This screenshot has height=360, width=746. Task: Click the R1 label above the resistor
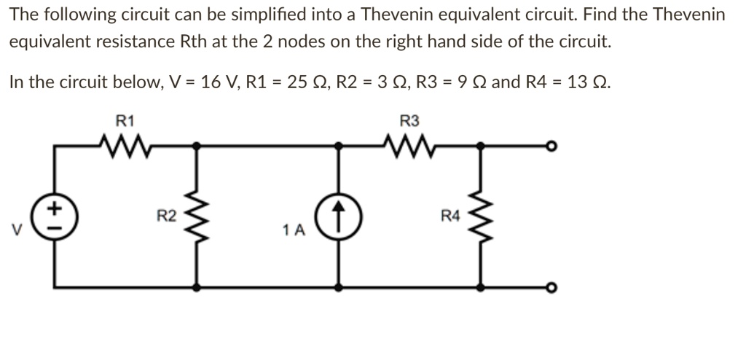coord(124,120)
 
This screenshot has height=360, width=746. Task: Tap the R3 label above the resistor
coord(409,120)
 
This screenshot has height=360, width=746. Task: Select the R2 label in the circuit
coord(167,216)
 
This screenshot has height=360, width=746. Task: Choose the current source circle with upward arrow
coord(338,216)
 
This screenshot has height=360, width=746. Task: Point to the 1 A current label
coord(294,231)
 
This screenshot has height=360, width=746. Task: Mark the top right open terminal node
coord(553,146)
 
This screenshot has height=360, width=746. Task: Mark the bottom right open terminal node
coord(553,287)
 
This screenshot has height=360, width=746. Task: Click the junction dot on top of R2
coord(195,146)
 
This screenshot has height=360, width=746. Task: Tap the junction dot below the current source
coord(338,287)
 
